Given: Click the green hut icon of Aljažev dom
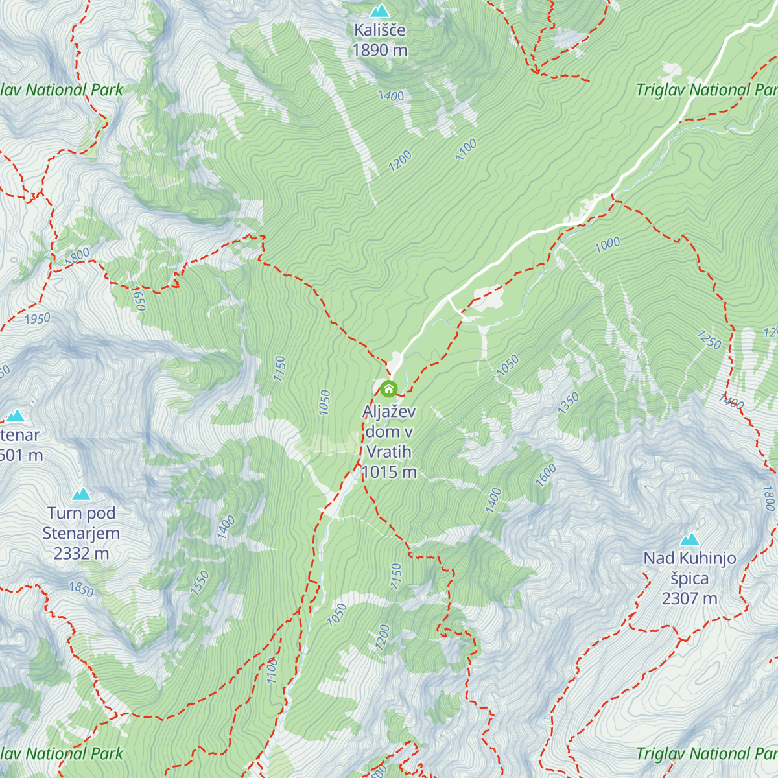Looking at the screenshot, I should tap(388, 389).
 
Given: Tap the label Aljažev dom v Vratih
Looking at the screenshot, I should tap(389, 432).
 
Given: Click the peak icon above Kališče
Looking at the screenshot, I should tap(379, 11).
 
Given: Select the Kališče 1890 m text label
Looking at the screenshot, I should tap(380, 40).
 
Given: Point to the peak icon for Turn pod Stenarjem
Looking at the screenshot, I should tap(81, 495).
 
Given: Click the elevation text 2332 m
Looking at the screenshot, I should tap(81, 554).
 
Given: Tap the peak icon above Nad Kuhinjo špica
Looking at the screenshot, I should tap(690, 539).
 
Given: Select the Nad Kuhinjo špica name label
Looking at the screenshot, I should tap(690, 568).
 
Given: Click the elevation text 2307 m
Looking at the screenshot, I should tap(690, 598).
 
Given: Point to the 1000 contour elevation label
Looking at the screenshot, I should tap(607, 244).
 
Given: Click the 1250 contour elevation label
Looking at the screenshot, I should tap(709, 339).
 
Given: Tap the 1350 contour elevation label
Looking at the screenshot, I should tap(568, 403).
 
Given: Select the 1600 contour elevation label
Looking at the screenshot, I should tap(546, 475).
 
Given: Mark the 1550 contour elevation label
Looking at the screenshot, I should tap(200, 583).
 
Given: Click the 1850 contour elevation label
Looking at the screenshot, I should tap(82, 589).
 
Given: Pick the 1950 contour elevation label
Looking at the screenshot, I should tap(37, 319).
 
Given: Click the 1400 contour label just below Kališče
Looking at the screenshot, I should tap(391, 97).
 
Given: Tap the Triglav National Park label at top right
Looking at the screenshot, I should tap(706, 90).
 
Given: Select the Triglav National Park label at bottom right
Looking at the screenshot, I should tap(706, 753).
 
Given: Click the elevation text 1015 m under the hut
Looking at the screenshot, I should tap(389, 472).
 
